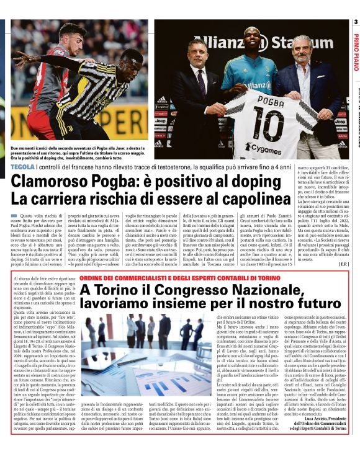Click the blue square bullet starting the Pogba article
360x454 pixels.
13,215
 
